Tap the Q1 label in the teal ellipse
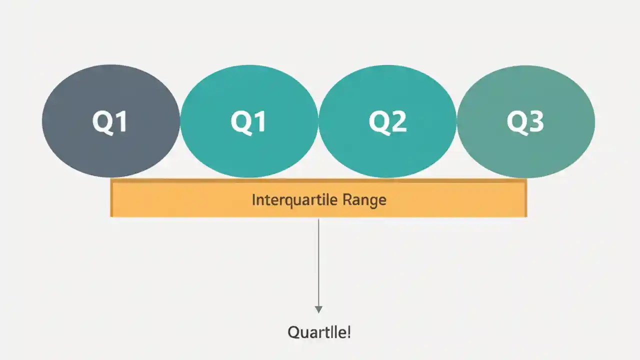[x=248, y=121]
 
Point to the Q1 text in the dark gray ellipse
[x=110, y=121]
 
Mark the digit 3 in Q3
[x=535, y=121]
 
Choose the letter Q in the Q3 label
[x=516, y=121]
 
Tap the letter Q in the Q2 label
[x=378, y=121]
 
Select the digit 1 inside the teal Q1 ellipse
[x=258, y=121]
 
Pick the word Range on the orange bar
[x=364, y=200]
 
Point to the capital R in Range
[x=347, y=200]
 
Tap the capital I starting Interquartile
[x=253, y=200]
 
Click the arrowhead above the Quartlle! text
[x=318, y=309]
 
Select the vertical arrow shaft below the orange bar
[x=318, y=260]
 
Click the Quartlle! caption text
[x=319, y=332]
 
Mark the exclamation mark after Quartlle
[x=348, y=332]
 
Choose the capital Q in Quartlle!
[x=293, y=332]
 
